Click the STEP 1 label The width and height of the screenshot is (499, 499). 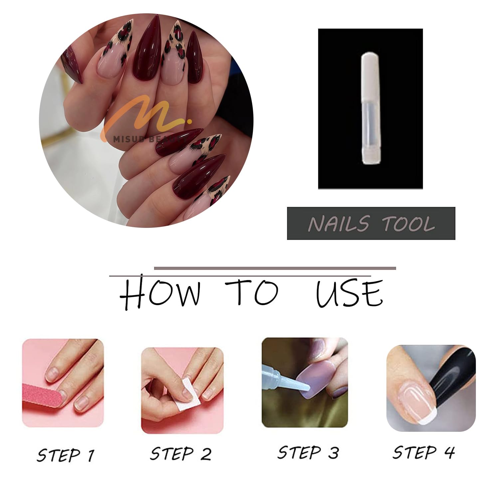pos(66,455)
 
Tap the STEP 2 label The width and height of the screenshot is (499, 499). pos(181,454)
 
